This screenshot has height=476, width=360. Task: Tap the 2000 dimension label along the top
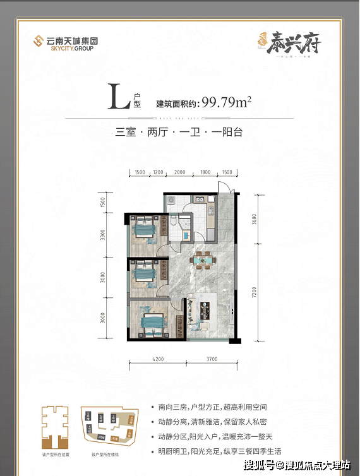(180, 172)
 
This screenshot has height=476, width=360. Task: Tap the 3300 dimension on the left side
(102, 239)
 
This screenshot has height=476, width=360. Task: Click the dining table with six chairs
(202, 259)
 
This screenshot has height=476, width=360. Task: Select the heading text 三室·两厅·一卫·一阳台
(179, 133)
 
